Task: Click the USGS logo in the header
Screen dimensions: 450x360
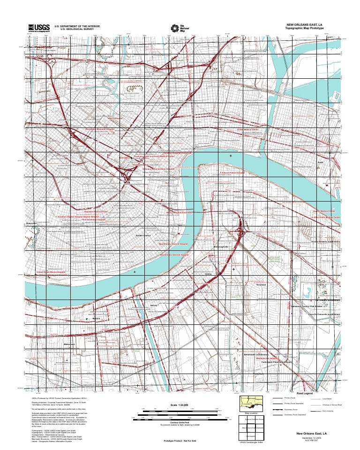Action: tap(39, 28)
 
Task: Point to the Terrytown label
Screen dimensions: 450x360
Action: tap(262, 285)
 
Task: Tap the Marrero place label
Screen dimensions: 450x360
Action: tap(97, 319)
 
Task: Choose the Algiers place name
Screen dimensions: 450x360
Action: tap(321, 162)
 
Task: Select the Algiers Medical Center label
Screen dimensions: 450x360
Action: tap(326, 211)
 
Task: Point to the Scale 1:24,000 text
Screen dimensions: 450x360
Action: tap(179, 404)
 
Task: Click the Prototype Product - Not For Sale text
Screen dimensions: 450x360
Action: tap(179, 441)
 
